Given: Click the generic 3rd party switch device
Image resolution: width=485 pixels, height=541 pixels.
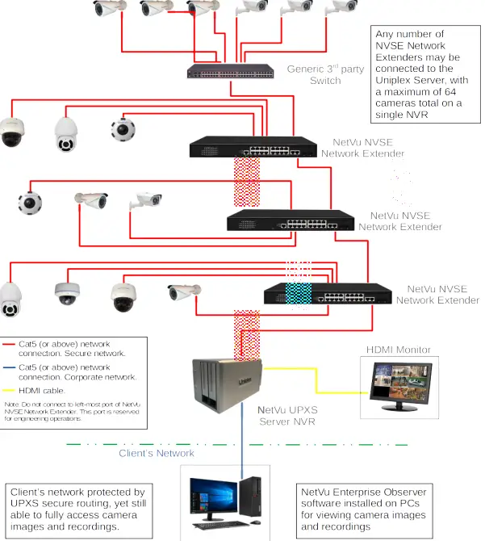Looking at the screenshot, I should (228, 71).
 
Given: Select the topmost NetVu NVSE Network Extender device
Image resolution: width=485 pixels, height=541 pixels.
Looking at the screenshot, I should (253, 147).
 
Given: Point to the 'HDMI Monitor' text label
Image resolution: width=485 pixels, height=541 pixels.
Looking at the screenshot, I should (399, 350).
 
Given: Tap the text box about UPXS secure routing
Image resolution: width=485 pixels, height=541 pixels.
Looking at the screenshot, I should (77, 509).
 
